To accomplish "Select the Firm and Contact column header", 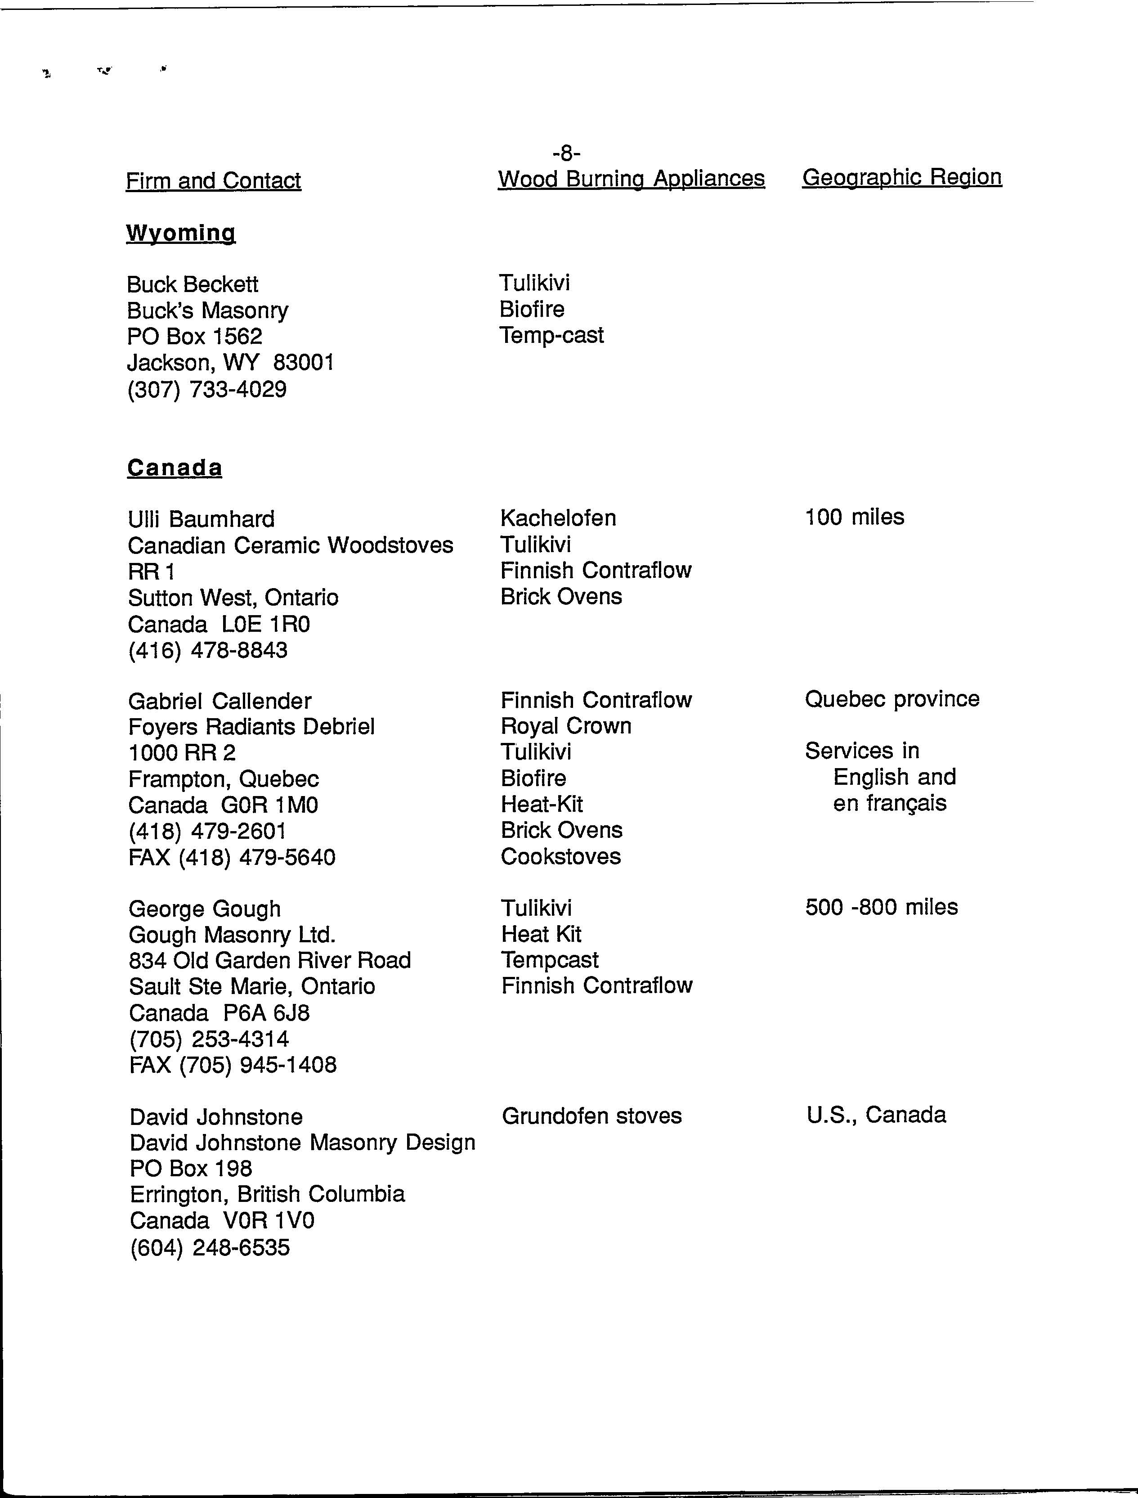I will (213, 181).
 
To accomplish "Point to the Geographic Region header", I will (901, 177).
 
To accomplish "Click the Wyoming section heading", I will (181, 233).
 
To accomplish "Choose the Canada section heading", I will (175, 468).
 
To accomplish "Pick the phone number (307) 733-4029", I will (206, 390).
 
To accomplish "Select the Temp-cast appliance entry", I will (551, 335).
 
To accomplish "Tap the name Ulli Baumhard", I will (201, 519).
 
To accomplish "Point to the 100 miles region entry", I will (854, 517).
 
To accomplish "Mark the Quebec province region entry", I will (892, 698).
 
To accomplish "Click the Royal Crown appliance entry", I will (565, 726).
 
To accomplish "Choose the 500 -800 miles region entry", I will (881, 907).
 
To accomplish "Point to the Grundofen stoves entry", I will (591, 1116).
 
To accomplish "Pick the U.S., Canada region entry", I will (876, 1115).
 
